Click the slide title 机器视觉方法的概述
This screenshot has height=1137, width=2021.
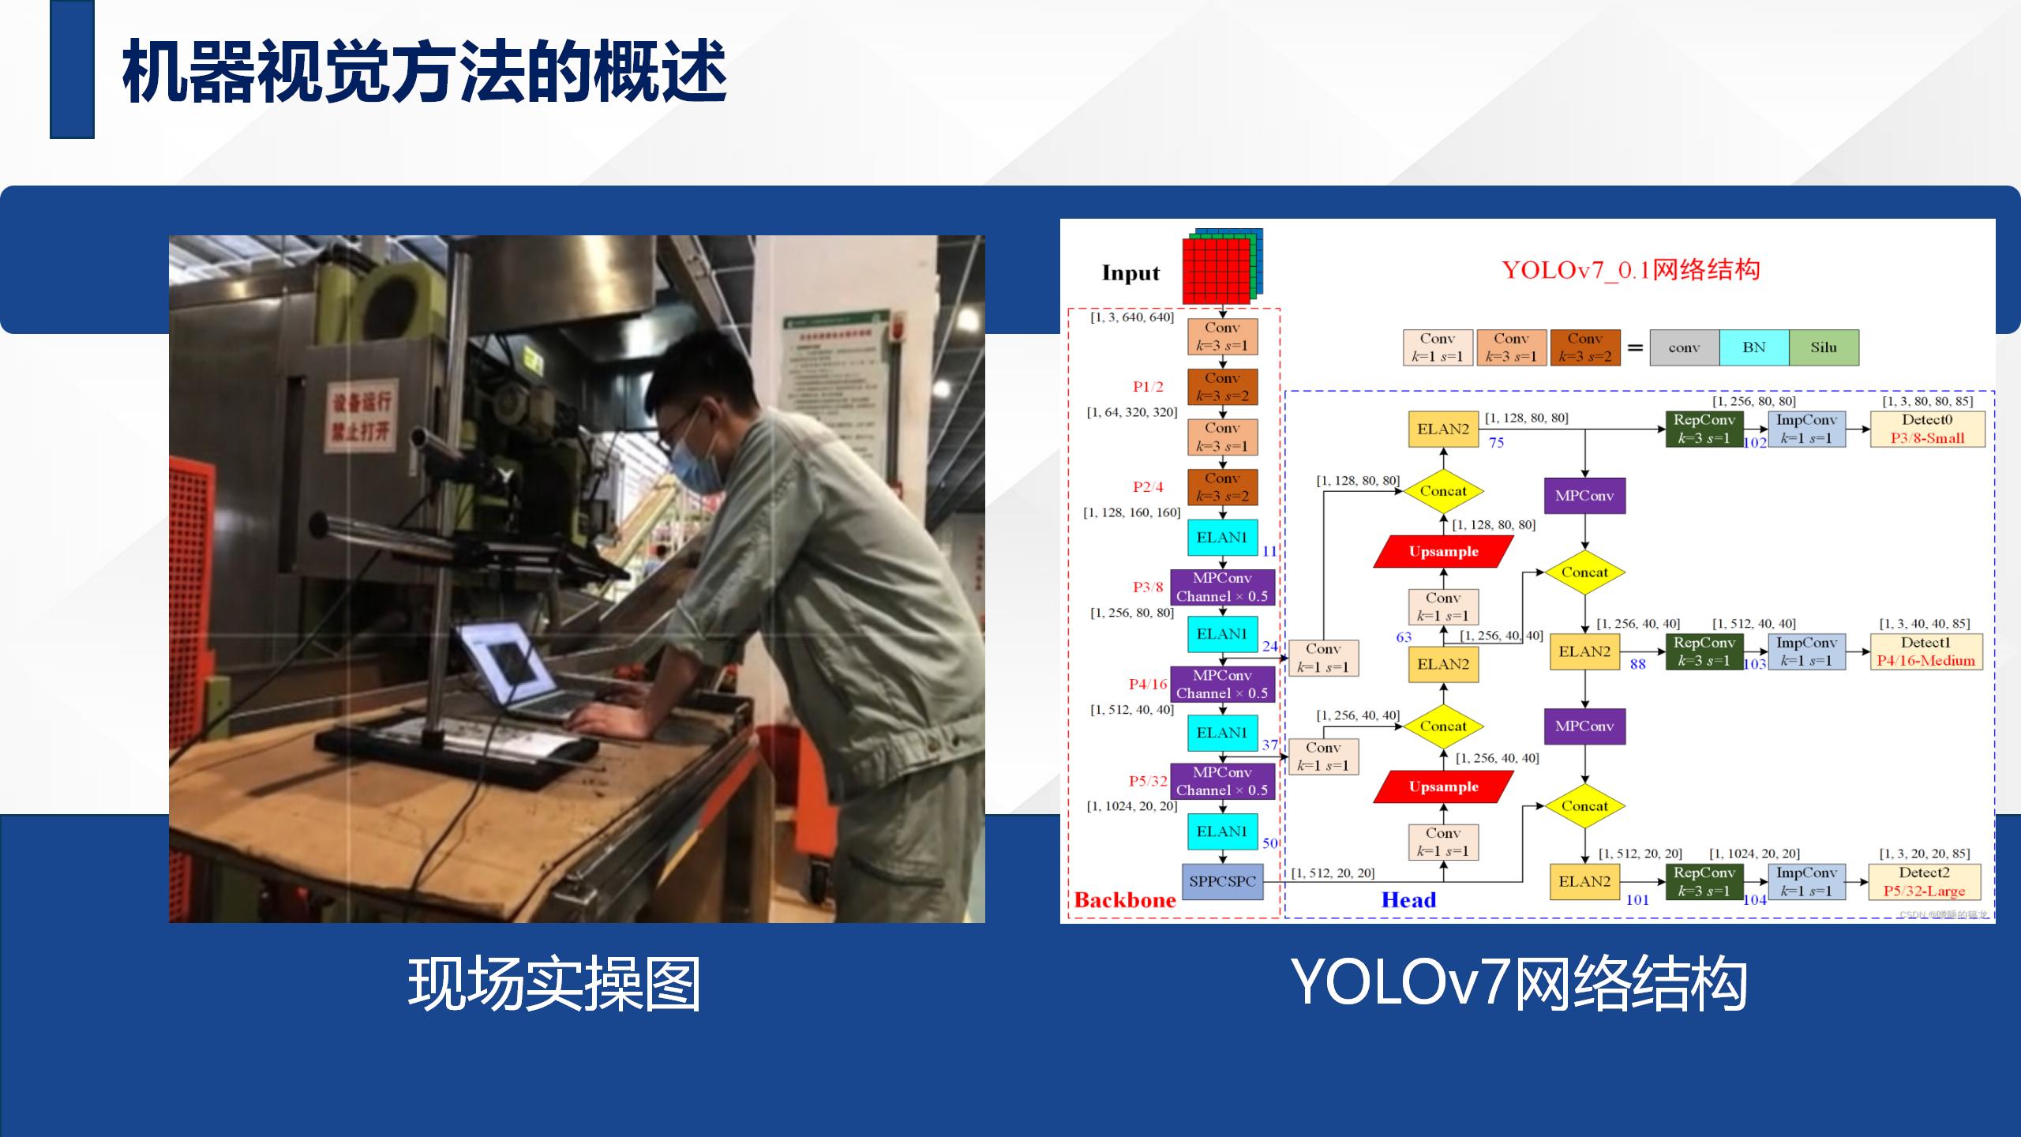(425, 73)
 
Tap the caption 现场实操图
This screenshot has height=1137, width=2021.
(554, 984)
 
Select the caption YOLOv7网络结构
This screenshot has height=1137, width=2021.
(1518, 984)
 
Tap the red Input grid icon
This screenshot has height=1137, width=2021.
(1217, 271)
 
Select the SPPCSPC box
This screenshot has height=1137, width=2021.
(1222, 881)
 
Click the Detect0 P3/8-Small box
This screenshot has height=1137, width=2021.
(1927, 430)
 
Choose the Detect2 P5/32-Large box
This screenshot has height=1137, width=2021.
(1924, 882)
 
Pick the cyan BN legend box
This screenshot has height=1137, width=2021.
(1753, 347)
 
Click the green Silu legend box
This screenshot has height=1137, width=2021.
(1824, 347)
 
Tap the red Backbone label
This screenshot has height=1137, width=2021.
(1125, 900)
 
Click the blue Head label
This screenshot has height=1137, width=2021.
(1408, 900)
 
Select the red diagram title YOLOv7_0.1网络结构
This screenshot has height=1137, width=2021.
(1631, 270)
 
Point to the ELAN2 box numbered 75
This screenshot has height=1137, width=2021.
(1443, 430)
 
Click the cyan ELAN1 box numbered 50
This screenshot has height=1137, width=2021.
(1222, 831)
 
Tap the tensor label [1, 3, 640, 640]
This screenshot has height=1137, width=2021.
(1132, 317)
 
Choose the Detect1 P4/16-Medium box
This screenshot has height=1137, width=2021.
(1925, 652)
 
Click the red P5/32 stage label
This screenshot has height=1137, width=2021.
(1148, 781)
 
